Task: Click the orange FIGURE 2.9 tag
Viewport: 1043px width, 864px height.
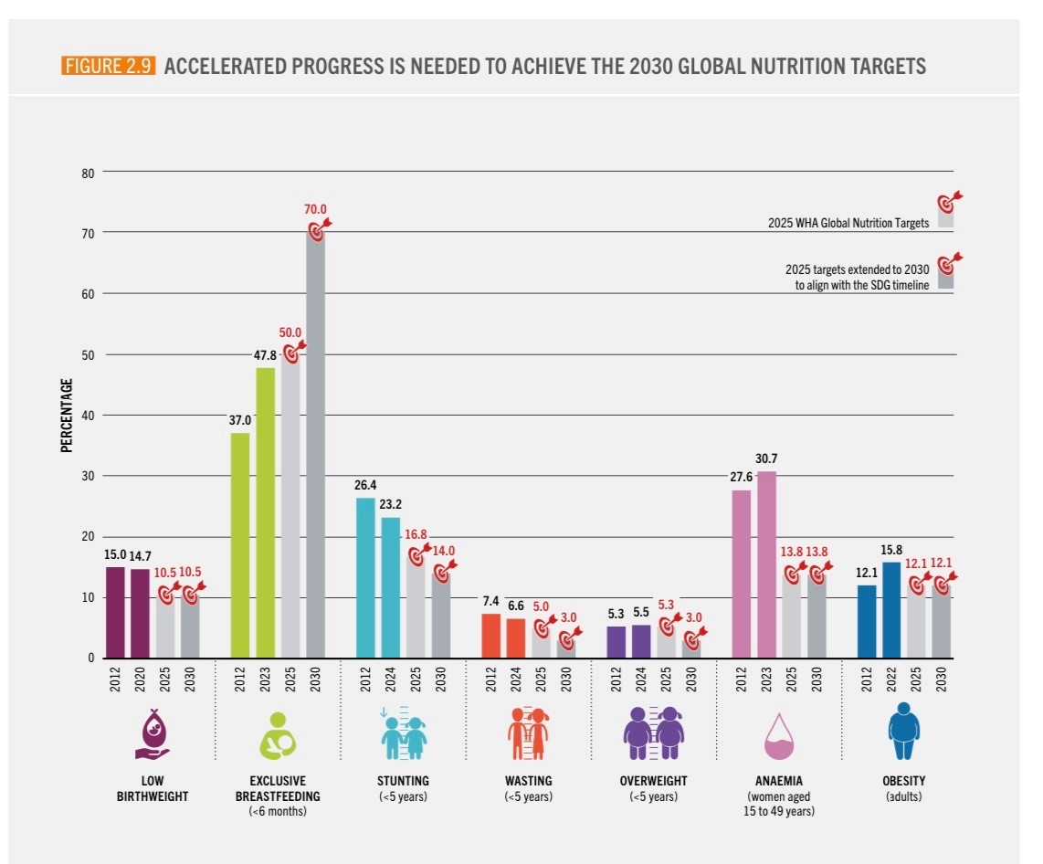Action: pyautogui.click(x=110, y=66)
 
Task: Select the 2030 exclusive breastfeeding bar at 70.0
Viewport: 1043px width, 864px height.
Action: pyautogui.click(x=315, y=448)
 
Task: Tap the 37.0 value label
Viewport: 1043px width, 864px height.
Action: pyautogui.click(x=239, y=421)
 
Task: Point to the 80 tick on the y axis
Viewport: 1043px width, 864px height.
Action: pyautogui.click(x=89, y=172)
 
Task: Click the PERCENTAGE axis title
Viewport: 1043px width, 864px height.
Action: pyautogui.click(x=67, y=416)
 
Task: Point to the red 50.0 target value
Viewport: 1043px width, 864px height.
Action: pyautogui.click(x=290, y=332)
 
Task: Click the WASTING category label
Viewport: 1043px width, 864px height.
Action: pyautogui.click(x=528, y=782)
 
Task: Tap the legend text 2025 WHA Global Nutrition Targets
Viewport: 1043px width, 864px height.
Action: pyautogui.click(x=848, y=222)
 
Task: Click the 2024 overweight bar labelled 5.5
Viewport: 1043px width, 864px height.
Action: pyautogui.click(x=641, y=640)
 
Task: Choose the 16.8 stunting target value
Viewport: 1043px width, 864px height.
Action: pyautogui.click(x=416, y=535)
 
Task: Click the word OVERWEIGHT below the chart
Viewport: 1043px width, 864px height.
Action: pyautogui.click(x=653, y=782)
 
